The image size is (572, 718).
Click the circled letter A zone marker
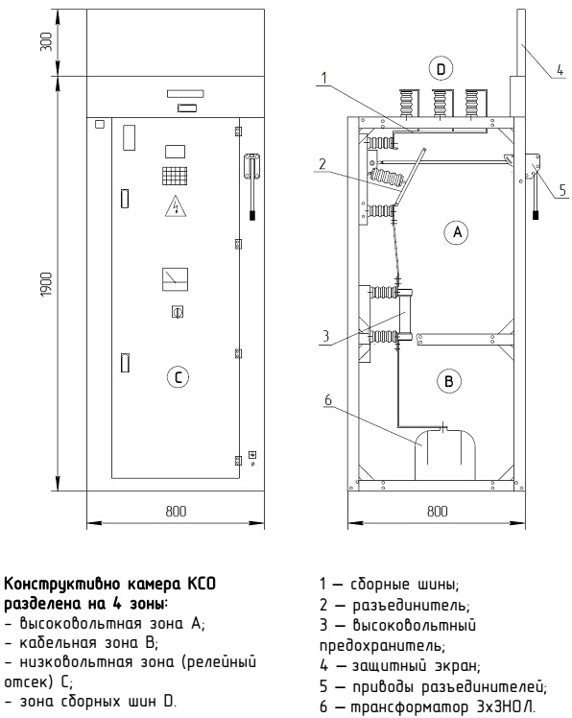pyautogui.click(x=457, y=232)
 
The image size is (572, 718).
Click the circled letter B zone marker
pyautogui.click(x=448, y=381)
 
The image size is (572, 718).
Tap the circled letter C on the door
pyautogui.click(x=178, y=377)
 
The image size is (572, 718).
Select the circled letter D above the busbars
pyautogui.click(x=441, y=69)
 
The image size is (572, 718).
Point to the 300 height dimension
pyautogui.click(x=48, y=41)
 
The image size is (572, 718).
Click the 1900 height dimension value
pyautogui.click(x=48, y=284)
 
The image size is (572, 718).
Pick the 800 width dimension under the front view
pyautogui.click(x=176, y=511)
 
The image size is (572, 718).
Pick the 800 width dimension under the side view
pyautogui.click(x=437, y=511)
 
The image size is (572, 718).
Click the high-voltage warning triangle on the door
pyautogui.click(x=176, y=205)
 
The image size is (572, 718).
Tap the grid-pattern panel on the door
pyautogui.click(x=175, y=176)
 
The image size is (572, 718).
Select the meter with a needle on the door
pyautogui.click(x=175, y=279)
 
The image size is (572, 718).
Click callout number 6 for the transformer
pyautogui.click(x=328, y=400)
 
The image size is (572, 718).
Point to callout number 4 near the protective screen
pyautogui.click(x=560, y=70)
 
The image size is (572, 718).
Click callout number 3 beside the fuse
pyautogui.click(x=325, y=336)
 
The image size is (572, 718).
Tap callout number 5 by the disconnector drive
pyautogui.click(x=562, y=189)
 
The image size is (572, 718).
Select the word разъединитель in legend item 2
pyautogui.click(x=412, y=606)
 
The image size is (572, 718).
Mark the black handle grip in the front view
pyautogui.click(x=252, y=216)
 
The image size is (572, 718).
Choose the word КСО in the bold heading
pyautogui.click(x=202, y=585)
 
